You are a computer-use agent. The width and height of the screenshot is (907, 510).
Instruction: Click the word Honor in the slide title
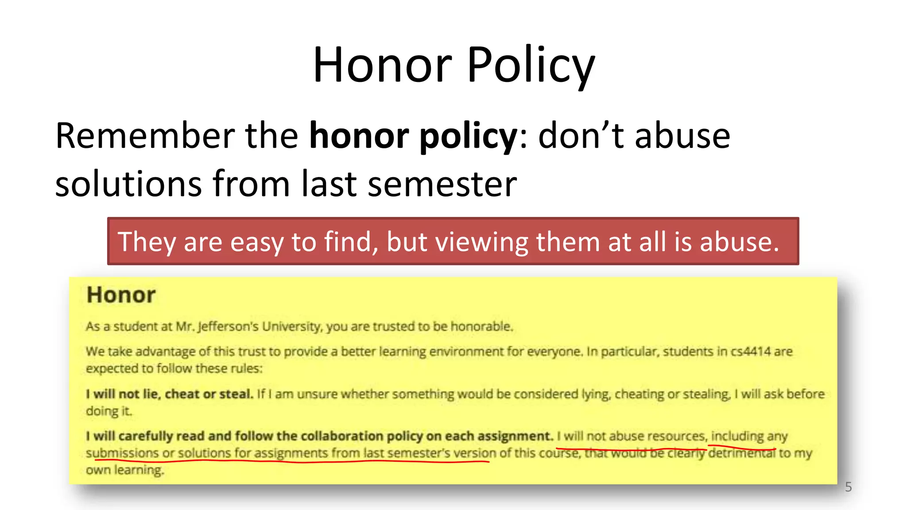[382, 65]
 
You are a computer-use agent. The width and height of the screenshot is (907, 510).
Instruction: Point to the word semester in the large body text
[442, 184]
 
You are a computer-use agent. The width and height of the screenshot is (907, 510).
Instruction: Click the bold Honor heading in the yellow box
[121, 295]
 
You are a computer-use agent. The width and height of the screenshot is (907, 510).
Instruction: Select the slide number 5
[848, 487]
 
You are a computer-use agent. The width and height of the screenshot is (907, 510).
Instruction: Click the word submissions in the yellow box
[122, 453]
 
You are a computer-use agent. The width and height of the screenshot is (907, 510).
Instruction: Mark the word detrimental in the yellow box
[742, 453]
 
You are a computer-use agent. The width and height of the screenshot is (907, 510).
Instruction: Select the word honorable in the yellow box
[481, 327]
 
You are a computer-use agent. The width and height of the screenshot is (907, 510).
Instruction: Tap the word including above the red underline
[737, 436]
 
